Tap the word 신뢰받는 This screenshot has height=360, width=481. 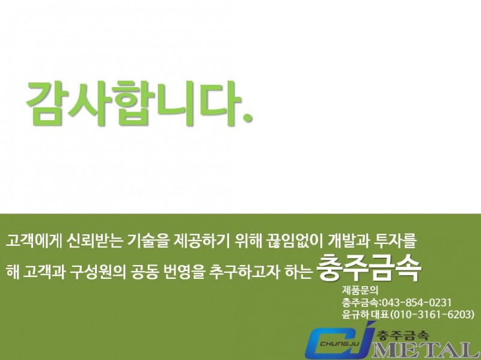(x=96, y=242)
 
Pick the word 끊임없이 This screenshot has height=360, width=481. (x=295, y=242)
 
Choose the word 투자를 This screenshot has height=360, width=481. (x=396, y=242)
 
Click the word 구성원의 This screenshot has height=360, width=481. (x=97, y=272)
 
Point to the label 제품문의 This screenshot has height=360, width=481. (x=360, y=290)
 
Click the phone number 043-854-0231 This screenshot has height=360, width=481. (x=416, y=303)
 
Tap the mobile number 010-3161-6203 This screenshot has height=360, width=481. (x=432, y=314)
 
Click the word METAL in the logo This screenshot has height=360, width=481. (x=426, y=350)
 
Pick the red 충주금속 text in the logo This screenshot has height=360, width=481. (x=403, y=334)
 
